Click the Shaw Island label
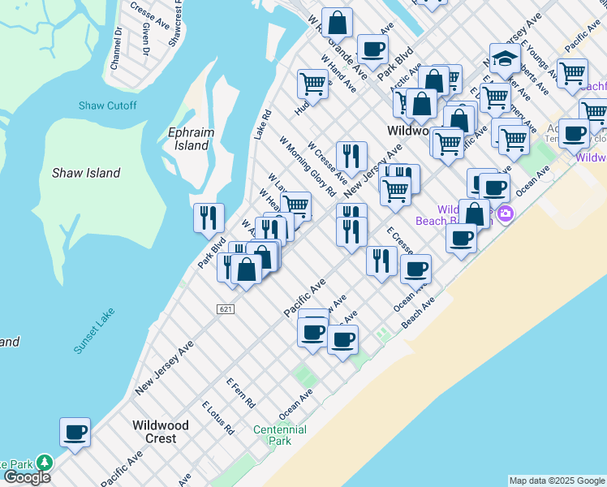86,173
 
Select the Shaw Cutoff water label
107,106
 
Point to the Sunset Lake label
94,330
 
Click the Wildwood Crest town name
161,432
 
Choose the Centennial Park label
279,435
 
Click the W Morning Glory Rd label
308,166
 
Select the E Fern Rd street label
241,392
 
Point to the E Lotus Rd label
217,417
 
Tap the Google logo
26,477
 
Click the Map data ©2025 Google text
557,481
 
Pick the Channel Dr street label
117,48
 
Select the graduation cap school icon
505,58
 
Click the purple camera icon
506,213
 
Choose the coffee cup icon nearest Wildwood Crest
75,432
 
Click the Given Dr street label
146,39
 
